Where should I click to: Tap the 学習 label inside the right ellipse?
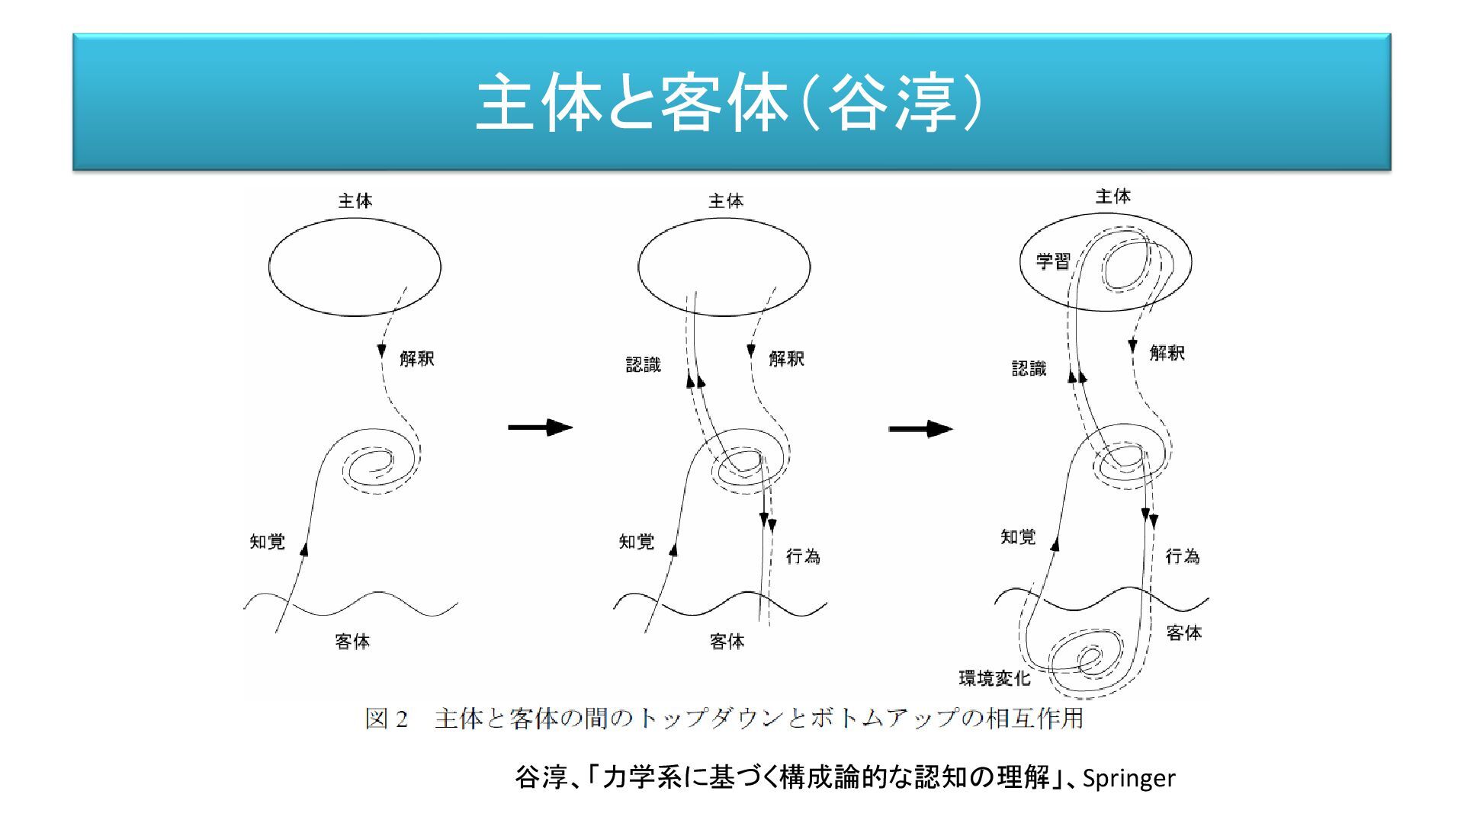(x=1053, y=261)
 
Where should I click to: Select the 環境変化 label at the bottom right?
(x=994, y=677)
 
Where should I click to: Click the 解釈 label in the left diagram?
(x=417, y=358)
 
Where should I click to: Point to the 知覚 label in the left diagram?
(x=268, y=542)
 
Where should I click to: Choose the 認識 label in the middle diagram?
(x=644, y=365)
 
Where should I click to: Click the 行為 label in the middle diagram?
(x=803, y=556)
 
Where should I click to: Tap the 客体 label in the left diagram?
(x=352, y=642)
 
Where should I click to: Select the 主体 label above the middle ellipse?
(x=726, y=201)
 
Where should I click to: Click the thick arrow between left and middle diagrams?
(x=540, y=427)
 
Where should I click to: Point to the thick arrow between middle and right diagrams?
(x=920, y=429)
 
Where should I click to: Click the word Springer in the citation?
(x=1128, y=778)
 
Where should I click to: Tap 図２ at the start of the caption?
(x=387, y=719)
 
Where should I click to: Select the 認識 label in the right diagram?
(x=1029, y=369)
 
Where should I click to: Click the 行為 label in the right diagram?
(x=1183, y=556)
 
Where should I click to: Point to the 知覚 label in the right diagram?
(x=1019, y=537)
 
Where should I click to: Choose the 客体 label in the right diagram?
(x=1184, y=632)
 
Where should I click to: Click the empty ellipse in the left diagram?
(x=355, y=267)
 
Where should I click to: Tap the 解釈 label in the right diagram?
(x=1167, y=353)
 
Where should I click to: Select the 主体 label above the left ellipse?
(x=355, y=201)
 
